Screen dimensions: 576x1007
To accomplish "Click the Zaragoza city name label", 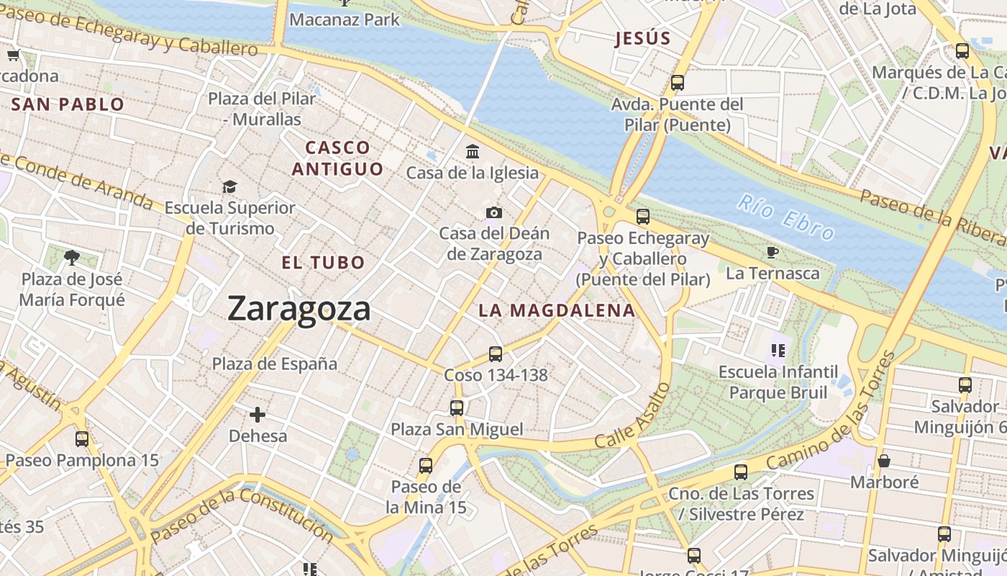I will [x=299, y=309].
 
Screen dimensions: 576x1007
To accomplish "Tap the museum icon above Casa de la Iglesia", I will [x=473, y=151].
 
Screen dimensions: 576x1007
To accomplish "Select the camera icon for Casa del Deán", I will [x=494, y=212].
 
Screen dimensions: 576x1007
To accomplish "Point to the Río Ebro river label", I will [x=785, y=217].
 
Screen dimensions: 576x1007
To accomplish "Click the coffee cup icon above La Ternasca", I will [x=773, y=252].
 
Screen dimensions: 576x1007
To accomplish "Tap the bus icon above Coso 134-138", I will [x=495, y=354].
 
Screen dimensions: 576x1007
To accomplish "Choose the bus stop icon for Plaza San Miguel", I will [x=457, y=408].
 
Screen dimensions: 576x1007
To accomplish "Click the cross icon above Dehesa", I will [x=258, y=415].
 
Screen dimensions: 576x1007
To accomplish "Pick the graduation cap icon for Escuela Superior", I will [x=229, y=187].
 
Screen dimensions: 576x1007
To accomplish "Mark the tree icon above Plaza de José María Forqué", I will [x=71, y=257].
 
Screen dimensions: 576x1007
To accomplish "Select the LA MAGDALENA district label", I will [x=557, y=311].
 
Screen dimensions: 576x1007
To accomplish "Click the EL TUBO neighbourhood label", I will [x=323, y=263].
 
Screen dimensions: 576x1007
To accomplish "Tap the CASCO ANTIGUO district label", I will [x=337, y=158].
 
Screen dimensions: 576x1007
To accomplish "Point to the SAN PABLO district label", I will [x=68, y=104].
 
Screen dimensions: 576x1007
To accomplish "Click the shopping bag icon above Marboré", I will [x=884, y=461].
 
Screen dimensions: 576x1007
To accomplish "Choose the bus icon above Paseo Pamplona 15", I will [x=82, y=438].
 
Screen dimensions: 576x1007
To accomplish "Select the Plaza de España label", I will [x=274, y=364].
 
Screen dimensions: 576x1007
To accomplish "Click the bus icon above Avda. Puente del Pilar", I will [x=677, y=83].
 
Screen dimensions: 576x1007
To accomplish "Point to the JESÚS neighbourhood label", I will [x=642, y=39].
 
